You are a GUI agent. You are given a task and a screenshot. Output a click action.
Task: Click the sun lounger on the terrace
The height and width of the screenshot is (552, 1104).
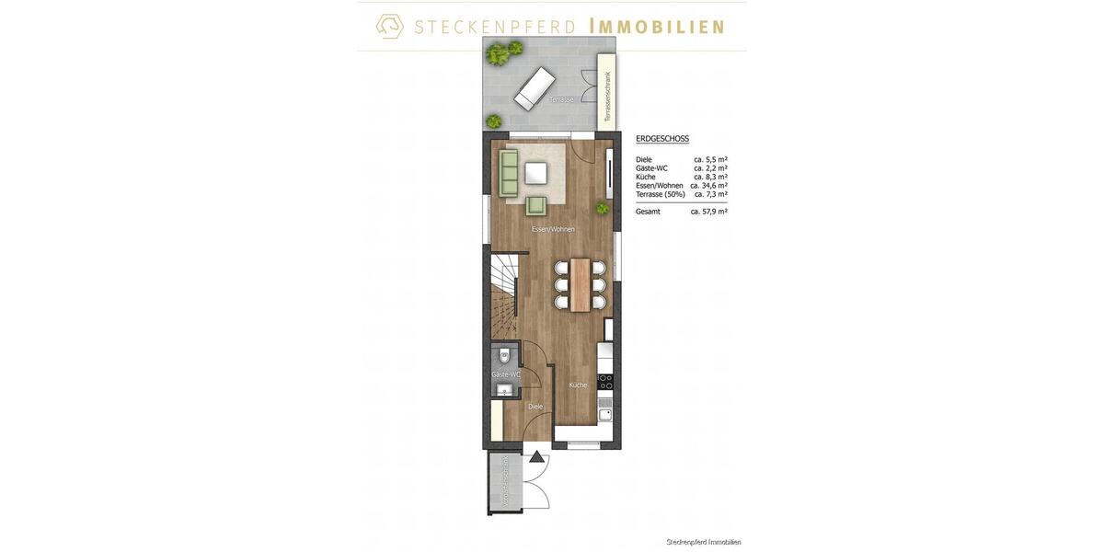[534, 87]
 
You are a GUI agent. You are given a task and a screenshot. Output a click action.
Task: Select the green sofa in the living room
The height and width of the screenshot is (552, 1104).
[509, 174]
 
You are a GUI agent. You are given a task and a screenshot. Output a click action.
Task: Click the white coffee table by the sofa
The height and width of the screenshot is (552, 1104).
[536, 174]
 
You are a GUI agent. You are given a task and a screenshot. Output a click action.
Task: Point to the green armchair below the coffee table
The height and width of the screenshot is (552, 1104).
[536, 206]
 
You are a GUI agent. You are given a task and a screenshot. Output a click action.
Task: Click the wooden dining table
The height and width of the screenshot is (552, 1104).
[580, 283]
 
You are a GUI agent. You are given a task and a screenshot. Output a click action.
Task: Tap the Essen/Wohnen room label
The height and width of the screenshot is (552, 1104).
[553, 229]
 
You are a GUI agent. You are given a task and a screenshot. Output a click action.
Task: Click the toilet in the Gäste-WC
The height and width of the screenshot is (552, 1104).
[504, 354]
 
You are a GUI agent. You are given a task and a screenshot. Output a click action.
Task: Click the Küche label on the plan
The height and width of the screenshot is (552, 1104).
[578, 385]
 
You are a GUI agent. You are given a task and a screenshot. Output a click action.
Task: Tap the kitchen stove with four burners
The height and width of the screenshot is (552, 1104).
[605, 381]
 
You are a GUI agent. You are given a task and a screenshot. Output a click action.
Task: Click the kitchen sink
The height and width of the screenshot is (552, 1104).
[605, 413]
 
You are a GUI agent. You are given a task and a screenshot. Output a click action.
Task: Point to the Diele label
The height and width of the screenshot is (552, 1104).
[535, 406]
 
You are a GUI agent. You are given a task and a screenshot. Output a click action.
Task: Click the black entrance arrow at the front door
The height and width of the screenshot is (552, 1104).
[536, 455]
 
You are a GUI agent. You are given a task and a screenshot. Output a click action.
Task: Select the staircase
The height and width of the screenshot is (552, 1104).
[505, 294]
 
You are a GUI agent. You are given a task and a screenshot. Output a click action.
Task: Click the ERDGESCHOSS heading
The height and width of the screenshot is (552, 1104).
[662, 139]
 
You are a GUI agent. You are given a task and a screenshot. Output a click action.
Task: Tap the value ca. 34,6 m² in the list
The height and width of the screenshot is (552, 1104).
[708, 185]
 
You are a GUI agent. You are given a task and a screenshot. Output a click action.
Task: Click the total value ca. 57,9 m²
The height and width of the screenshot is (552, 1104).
[708, 212]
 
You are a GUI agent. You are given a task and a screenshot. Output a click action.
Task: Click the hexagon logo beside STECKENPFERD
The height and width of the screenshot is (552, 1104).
[390, 26]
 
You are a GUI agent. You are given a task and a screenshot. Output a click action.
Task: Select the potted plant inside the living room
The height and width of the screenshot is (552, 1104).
[603, 209]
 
